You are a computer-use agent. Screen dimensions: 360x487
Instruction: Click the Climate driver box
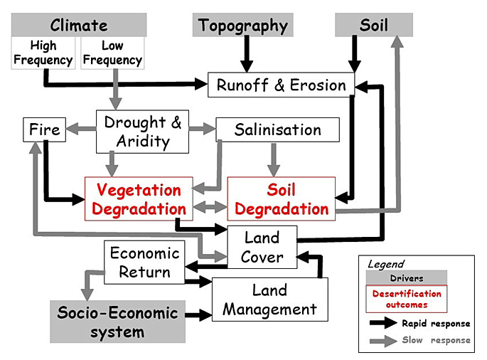79,26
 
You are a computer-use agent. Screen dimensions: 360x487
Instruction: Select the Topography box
243,26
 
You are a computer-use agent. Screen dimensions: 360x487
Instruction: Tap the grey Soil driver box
373,26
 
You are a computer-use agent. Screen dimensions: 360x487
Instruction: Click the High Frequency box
43,53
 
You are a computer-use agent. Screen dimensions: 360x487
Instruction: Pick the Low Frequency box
112,53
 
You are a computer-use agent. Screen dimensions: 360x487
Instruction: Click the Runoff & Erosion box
281,85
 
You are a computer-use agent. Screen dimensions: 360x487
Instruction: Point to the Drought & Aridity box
142,132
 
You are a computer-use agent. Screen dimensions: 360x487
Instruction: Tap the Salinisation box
277,130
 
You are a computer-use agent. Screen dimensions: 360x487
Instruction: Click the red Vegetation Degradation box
139,199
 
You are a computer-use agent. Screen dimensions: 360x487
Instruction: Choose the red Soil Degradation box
281,199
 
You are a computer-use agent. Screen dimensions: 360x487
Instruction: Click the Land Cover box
262,247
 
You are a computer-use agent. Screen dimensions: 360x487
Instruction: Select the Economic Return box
145,262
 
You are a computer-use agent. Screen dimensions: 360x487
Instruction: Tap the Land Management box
269,299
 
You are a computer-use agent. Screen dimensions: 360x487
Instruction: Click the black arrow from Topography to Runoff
247,54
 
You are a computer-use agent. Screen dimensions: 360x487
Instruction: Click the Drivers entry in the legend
406,277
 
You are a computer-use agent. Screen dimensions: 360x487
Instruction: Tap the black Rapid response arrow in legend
382,323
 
